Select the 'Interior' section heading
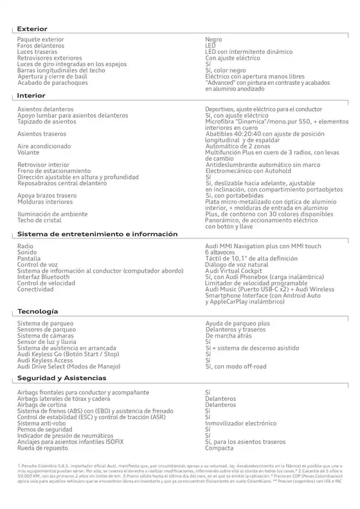[31, 95]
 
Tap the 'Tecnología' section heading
[39, 311]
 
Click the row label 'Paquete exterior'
[40, 40]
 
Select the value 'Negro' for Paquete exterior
[213, 40]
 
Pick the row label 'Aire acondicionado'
[44, 146]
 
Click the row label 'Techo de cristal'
[40, 220]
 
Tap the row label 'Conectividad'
[37, 289]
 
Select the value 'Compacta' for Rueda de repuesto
[220, 448]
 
